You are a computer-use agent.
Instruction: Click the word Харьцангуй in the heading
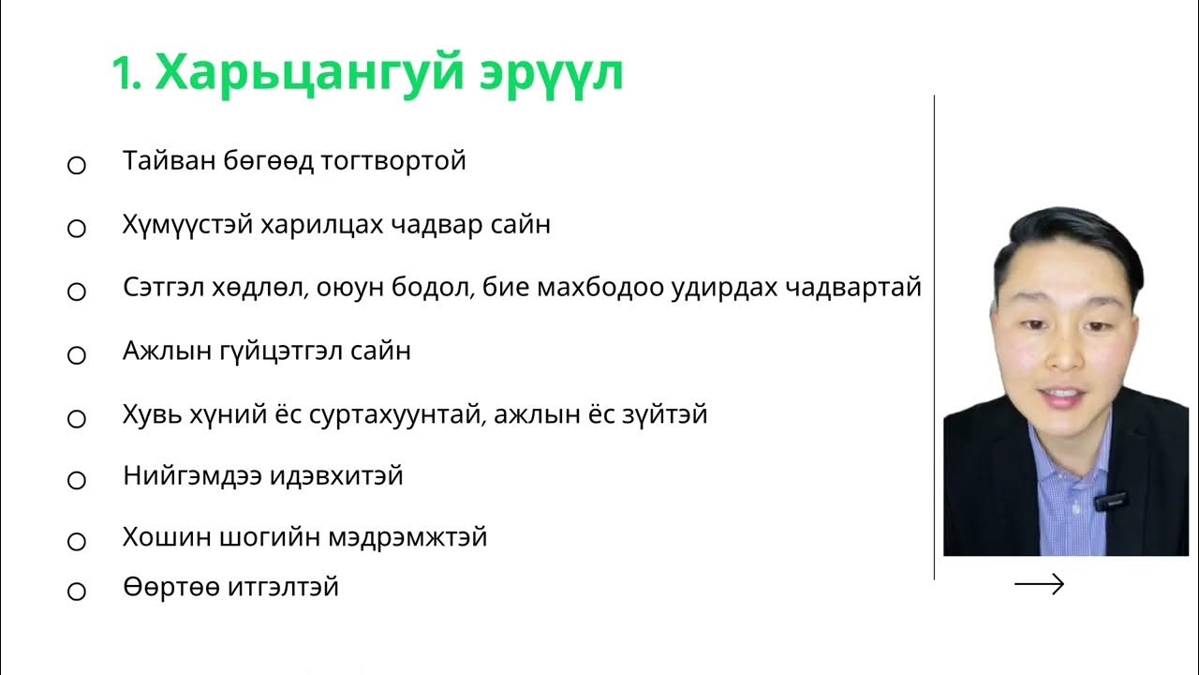coord(309,72)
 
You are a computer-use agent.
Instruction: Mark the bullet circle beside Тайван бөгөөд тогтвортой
coord(77,166)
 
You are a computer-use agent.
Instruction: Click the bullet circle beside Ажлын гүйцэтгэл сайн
coord(77,355)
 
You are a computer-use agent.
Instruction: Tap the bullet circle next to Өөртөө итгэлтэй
coord(77,592)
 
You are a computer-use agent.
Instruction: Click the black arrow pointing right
coord(1040,585)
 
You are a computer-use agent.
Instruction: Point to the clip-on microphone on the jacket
coord(1111,501)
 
